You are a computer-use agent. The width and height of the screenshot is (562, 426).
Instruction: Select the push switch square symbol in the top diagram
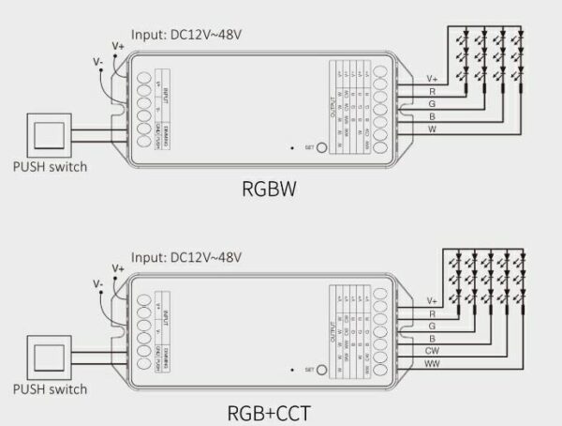click(x=49, y=134)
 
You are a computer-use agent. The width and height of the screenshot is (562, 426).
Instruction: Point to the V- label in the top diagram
click(x=98, y=61)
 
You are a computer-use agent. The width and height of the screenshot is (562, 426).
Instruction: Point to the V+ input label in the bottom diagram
click(x=118, y=267)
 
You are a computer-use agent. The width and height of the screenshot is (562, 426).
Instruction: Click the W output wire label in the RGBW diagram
click(x=431, y=129)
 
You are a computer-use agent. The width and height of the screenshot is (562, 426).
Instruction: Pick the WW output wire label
click(x=433, y=362)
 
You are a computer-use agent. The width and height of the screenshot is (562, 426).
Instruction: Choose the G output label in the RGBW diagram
click(x=431, y=104)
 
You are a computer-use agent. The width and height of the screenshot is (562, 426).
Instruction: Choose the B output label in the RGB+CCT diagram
click(x=431, y=337)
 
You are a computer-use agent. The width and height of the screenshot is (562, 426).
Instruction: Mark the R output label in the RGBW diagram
click(x=431, y=92)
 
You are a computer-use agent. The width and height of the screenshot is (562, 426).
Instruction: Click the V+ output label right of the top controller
click(x=432, y=79)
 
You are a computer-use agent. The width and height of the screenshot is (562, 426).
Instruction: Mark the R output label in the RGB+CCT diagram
click(x=431, y=312)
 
